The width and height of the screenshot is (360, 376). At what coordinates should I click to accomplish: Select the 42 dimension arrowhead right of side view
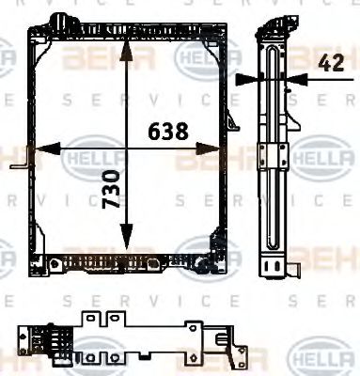pos(298,80)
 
